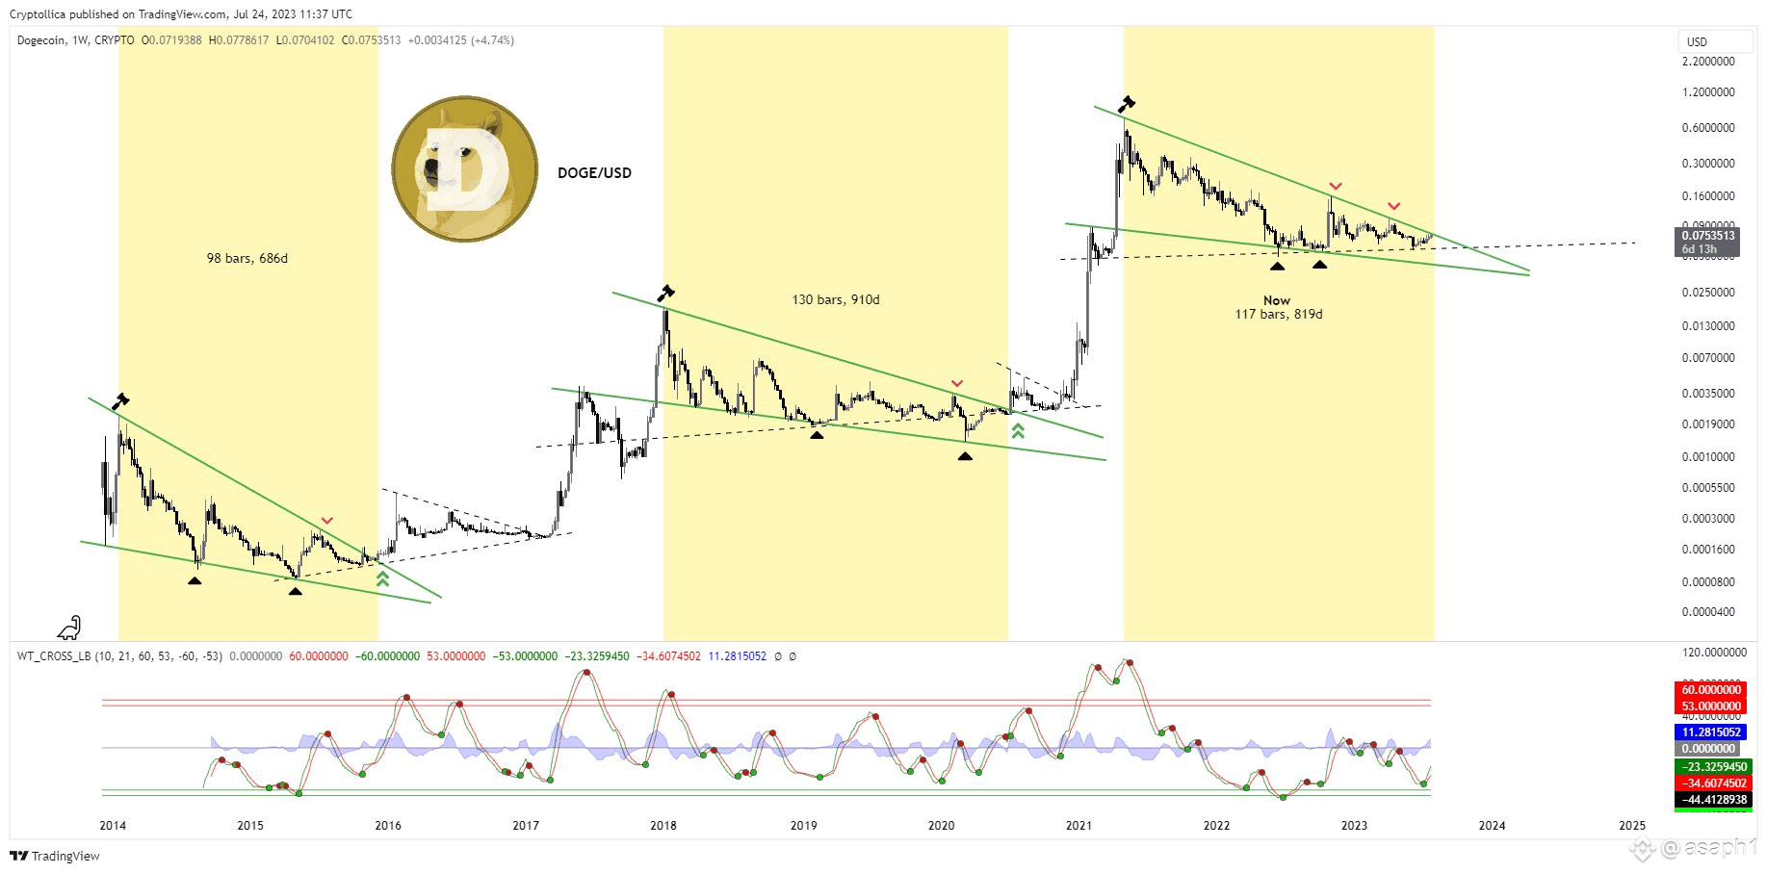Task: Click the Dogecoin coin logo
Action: pos(465,168)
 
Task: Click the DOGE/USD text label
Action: pos(594,173)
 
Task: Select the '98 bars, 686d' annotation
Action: pos(247,258)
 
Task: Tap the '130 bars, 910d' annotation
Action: pos(835,299)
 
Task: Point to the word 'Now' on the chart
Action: pos(1276,300)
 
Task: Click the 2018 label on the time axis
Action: pos(663,825)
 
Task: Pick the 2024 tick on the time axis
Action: pos(1492,825)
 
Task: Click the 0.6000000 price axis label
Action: pos(1708,128)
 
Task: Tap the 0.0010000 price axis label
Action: pos(1708,457)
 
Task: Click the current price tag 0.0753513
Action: pos(1708,236)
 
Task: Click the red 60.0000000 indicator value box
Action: pos(1711,690)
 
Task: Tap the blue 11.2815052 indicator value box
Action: pos(1711,732)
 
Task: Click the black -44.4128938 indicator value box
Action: pos(1711,800)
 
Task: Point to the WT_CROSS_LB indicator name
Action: pos(54,656)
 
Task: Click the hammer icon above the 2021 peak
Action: pos(1126,104)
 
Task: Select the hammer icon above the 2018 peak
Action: pos(665,293)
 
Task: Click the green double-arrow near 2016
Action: pos(382,578)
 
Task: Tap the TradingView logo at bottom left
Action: pos(55,856)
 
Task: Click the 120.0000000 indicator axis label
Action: pos(1714,653)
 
